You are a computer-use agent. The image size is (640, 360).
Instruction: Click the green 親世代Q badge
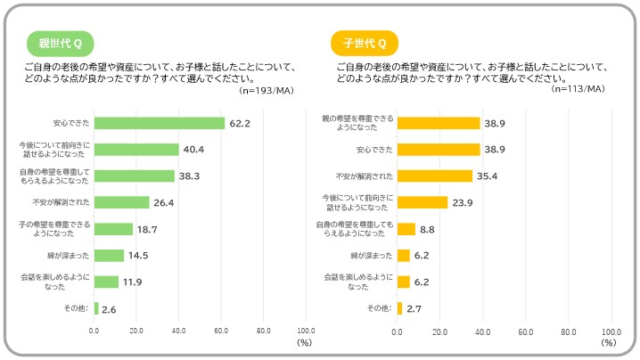click(61, 43)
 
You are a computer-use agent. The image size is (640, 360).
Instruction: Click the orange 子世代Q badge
click(365, 43)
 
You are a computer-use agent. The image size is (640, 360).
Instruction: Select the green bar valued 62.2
click(160, 123)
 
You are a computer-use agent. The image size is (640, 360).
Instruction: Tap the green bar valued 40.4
click(136, 150)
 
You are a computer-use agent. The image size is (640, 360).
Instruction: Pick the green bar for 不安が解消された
click(122, 202)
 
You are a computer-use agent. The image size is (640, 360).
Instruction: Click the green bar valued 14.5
click(110, 256)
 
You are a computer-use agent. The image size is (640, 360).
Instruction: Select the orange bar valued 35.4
click(434, 176)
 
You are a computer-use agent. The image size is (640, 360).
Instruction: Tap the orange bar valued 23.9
click(422, 202)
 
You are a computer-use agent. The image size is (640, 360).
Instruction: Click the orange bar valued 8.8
click(406, 229)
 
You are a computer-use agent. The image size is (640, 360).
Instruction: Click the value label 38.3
click(188, 176)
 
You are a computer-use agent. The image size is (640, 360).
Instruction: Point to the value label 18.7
click(147, 230)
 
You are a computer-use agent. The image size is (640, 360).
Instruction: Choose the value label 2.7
click(414, 309)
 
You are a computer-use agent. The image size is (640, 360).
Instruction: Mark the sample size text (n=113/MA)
click(578, 89)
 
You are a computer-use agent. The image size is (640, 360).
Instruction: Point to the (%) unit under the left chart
click(304, 342)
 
